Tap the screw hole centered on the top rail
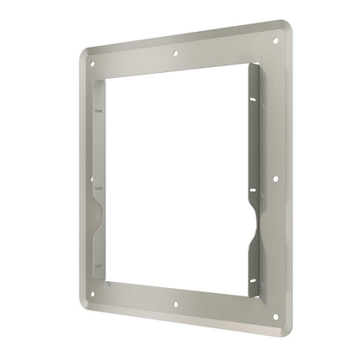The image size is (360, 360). pyautogui.click(x=175, y=53)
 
